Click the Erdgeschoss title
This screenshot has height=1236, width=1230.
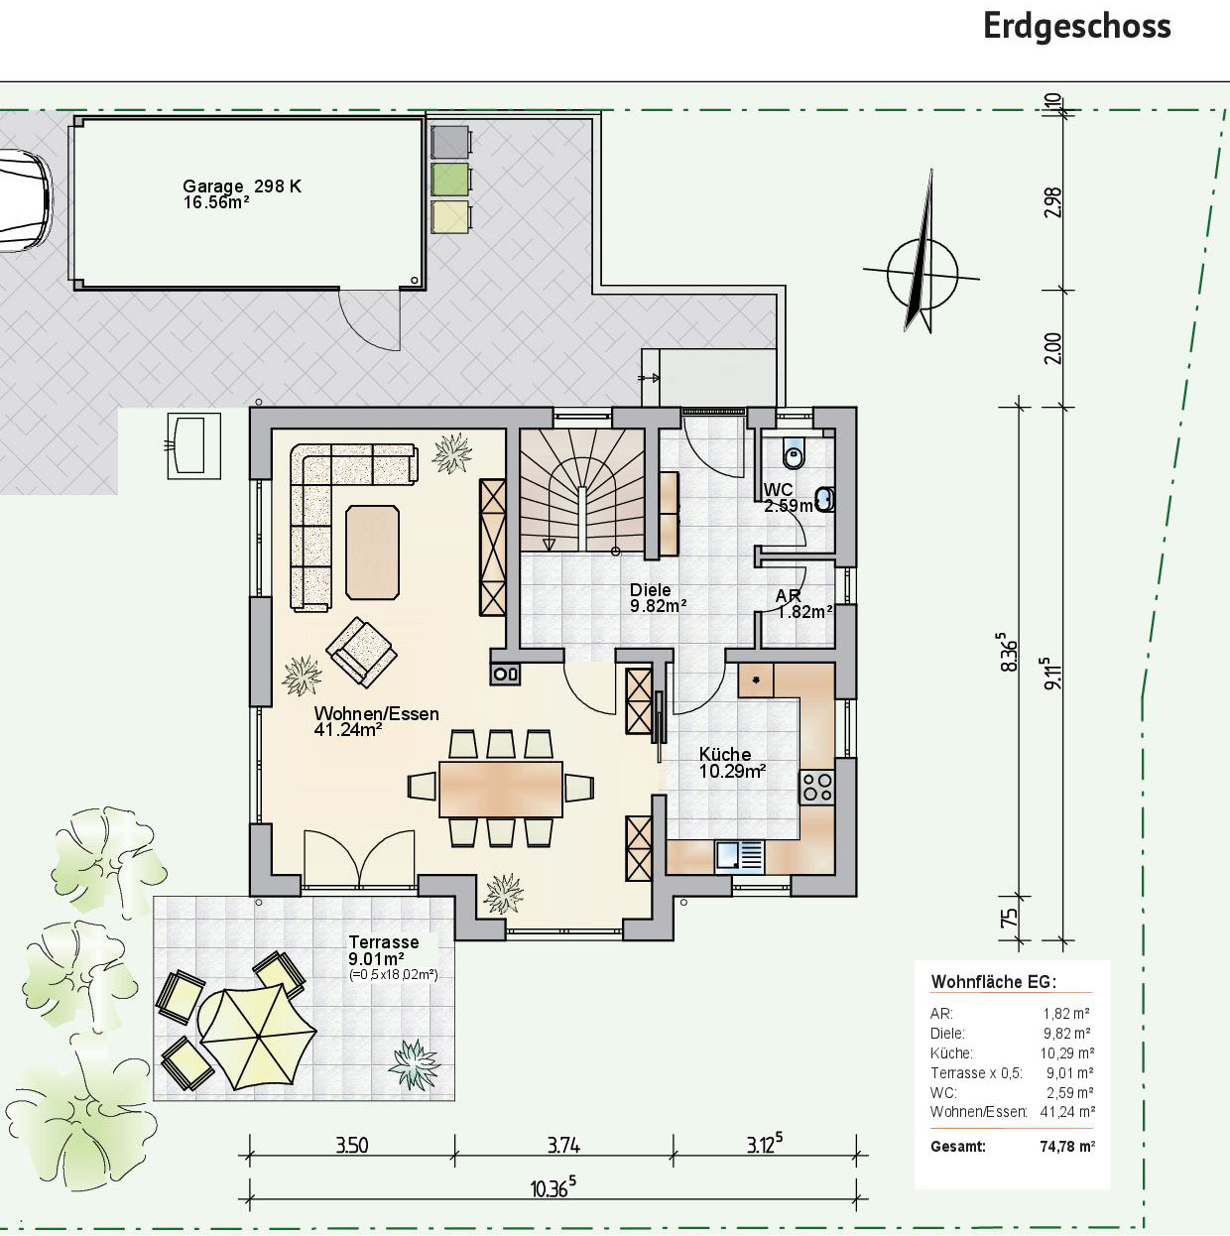1076,28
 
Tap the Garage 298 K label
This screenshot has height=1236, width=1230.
241,186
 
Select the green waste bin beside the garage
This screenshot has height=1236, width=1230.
450,180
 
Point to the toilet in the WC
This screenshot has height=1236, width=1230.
795,454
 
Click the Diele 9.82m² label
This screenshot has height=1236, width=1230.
659,598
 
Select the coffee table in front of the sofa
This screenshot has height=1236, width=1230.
372,553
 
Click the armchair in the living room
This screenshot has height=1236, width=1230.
361,653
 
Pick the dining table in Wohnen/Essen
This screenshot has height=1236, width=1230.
501,789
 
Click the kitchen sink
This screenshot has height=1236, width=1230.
740,857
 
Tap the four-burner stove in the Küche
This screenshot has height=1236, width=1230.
817,788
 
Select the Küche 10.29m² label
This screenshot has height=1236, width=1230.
732,763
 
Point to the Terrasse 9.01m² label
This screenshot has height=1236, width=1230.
384,950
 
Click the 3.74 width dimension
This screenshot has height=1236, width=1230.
564,1146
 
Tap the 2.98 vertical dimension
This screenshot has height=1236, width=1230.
1052,201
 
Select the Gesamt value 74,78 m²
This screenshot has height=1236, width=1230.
1067,1146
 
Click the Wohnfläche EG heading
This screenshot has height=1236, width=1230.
993,982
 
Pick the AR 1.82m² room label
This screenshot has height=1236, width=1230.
803,603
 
